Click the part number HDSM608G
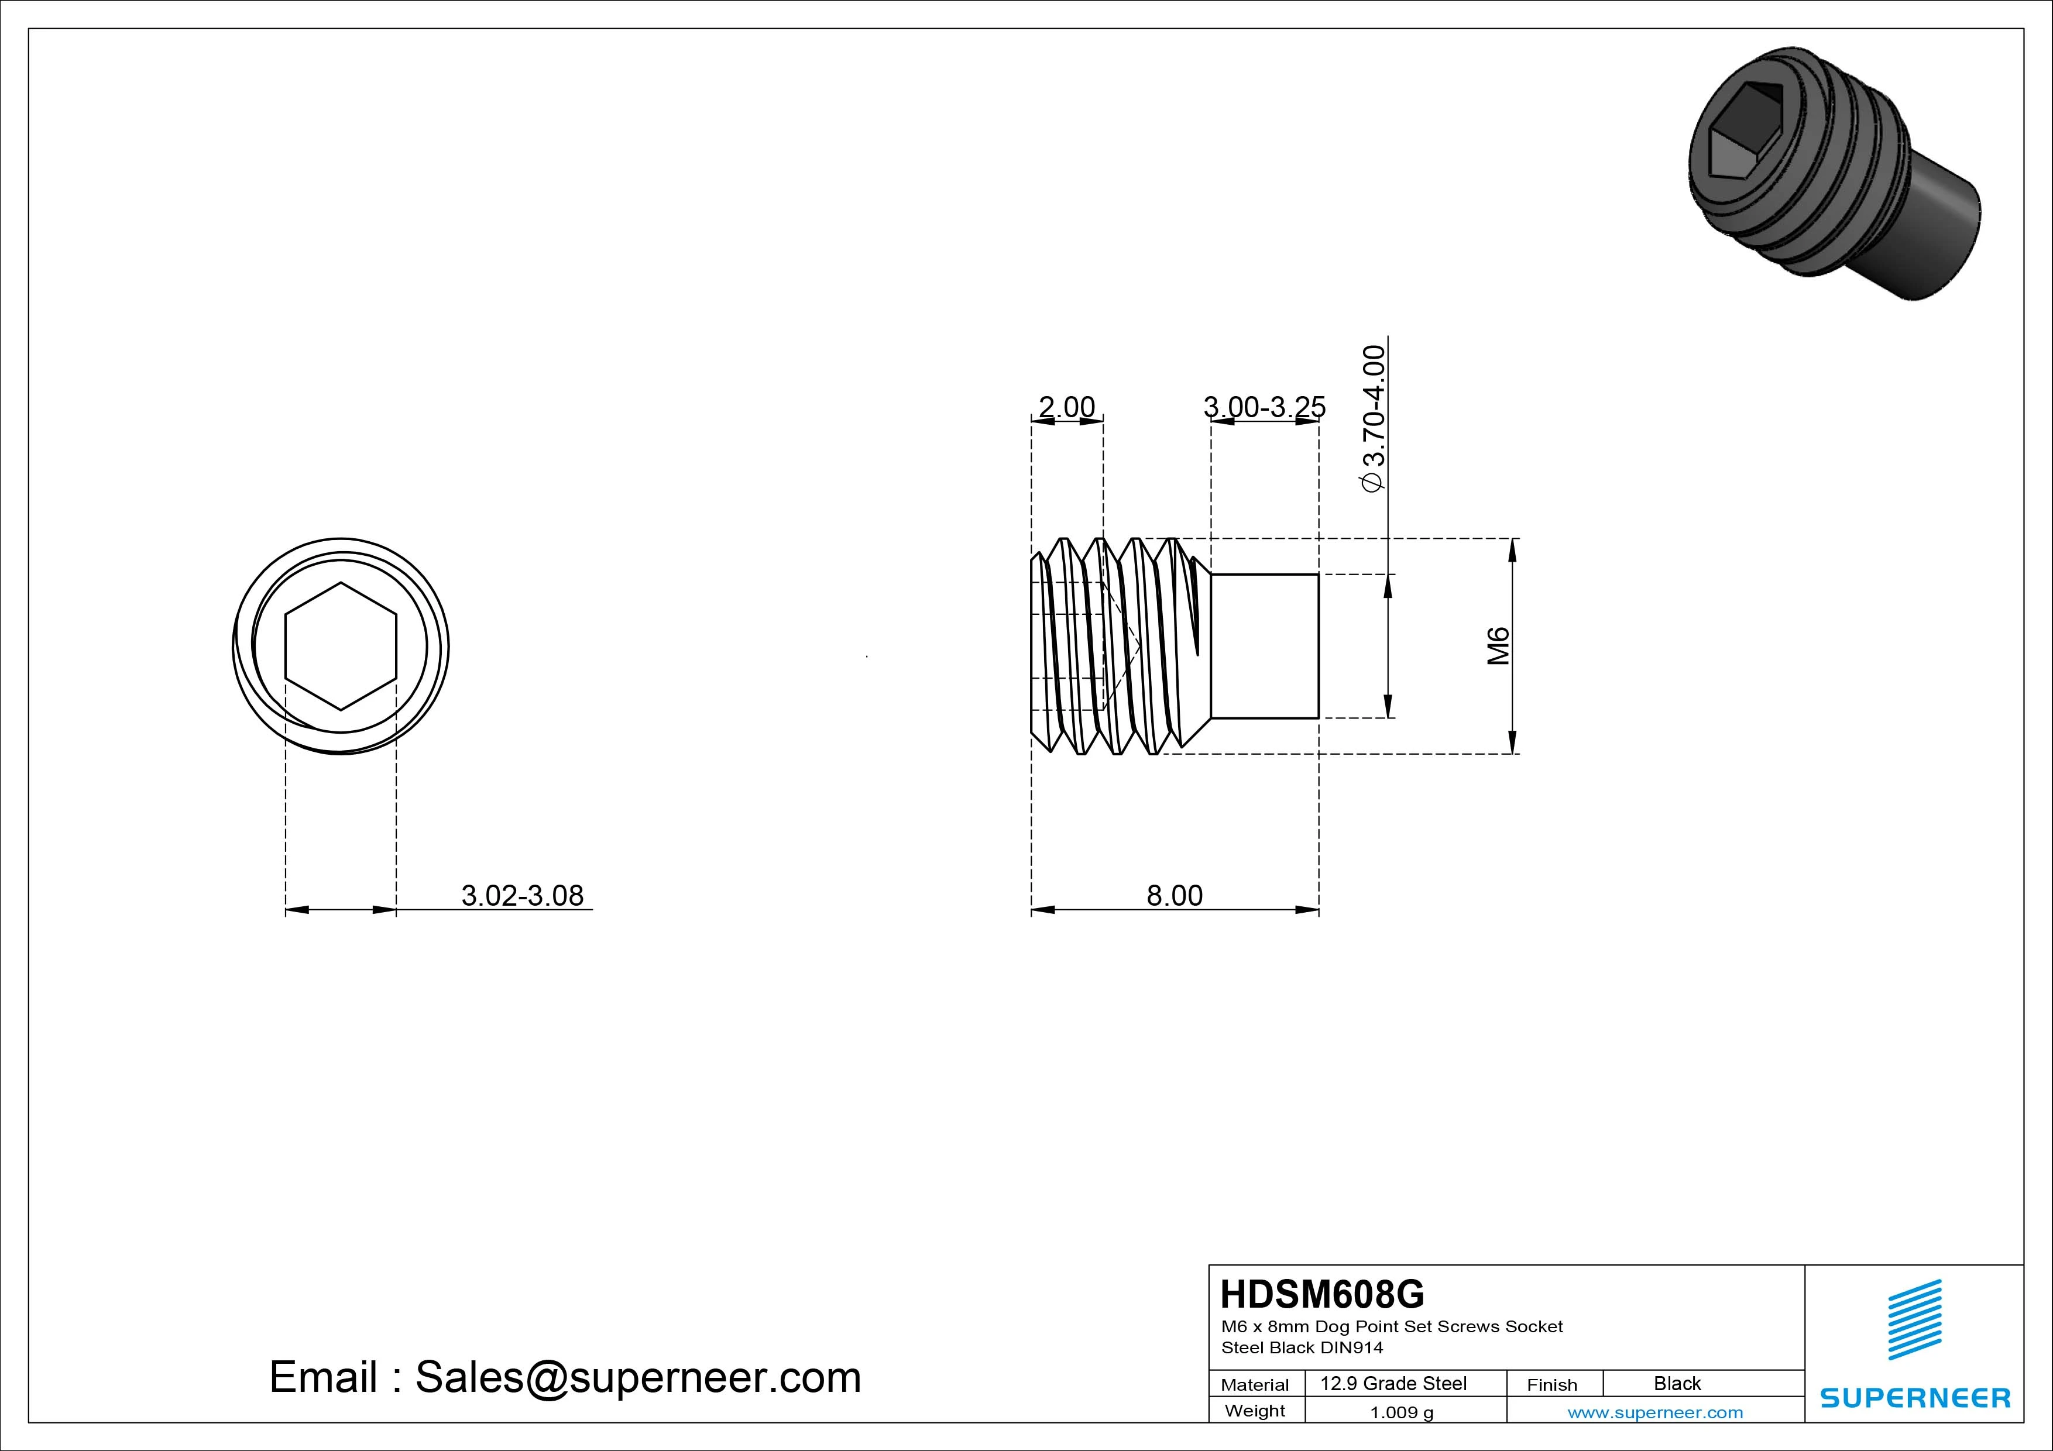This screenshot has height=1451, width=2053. [x=1321, y=1294]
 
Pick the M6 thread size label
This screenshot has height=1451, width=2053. [x=1498, y=645]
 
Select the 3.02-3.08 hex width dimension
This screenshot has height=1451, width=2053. [x=522, y=895]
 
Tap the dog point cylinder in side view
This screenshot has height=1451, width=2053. [x=1264, y=645]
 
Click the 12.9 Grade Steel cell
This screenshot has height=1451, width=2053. [x=1393, y=1383]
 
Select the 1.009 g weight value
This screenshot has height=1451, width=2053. [x=1401, y=1412]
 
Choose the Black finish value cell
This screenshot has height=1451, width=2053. [x=1677, y=1383]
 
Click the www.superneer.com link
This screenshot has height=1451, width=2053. [x=1654, y=1412]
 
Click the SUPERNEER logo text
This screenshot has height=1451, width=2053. [x=1914, y=1397]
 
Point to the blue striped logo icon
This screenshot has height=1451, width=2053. [x=1914, y=1319]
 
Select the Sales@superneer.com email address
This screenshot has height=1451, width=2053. [x=637, y=1377]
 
